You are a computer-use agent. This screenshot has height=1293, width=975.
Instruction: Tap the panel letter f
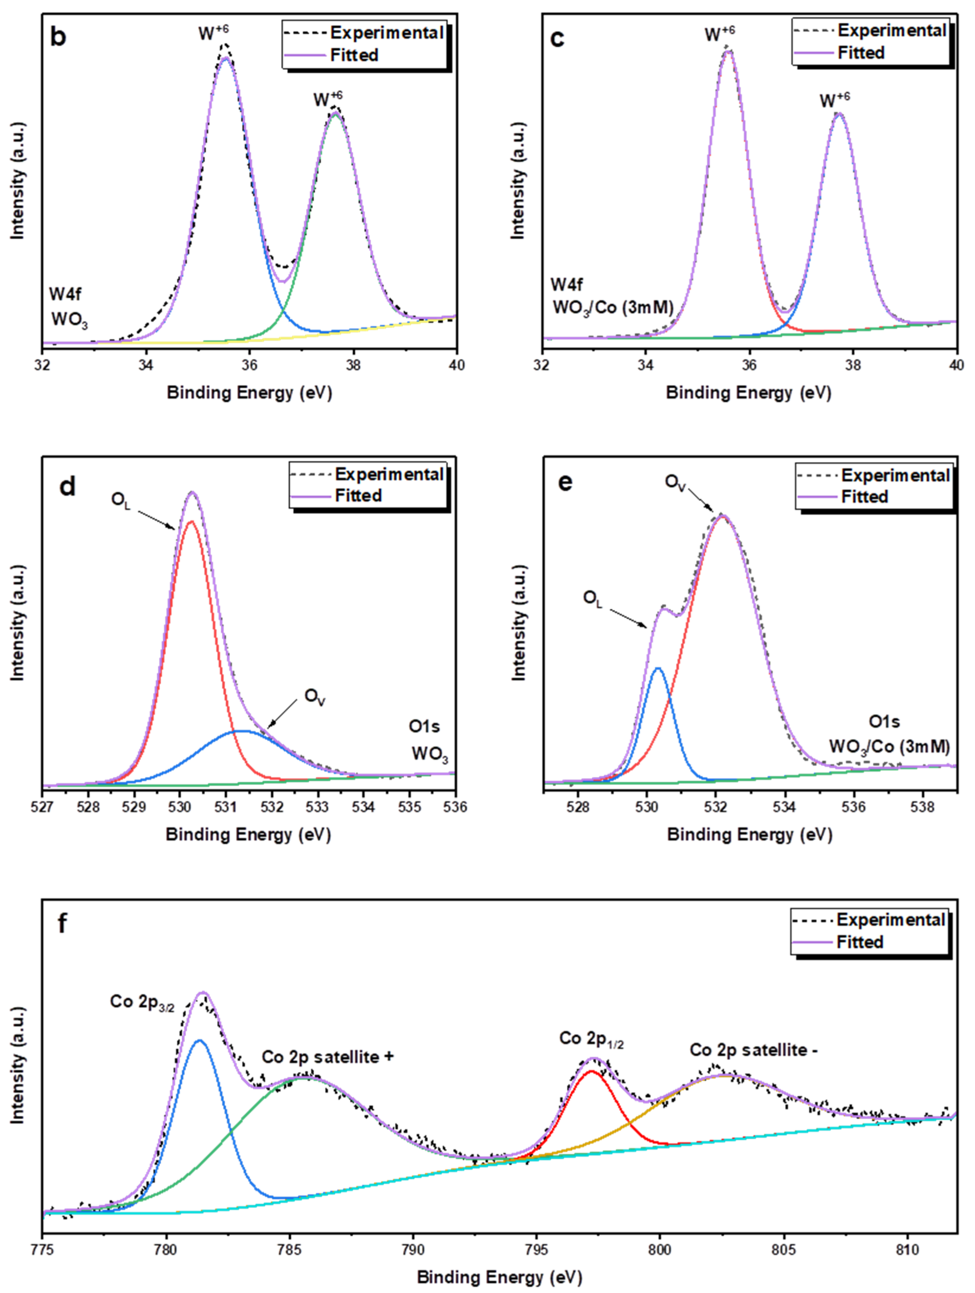(x=62, y=924)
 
